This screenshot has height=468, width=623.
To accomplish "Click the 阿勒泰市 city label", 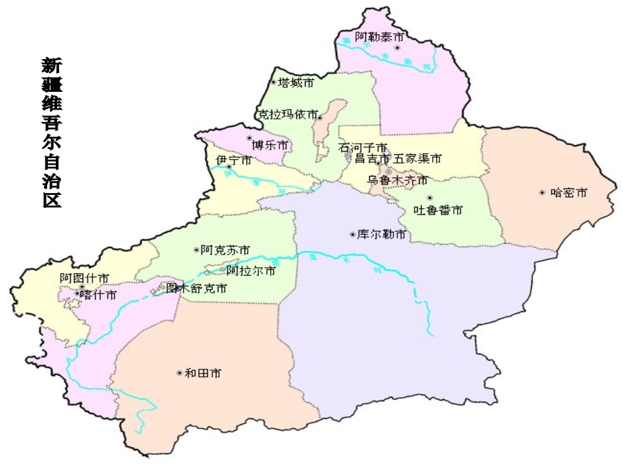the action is pos(380,37).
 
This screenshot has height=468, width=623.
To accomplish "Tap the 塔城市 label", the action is pos(296,83).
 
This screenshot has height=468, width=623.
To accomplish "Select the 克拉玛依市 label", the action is pos(288,114).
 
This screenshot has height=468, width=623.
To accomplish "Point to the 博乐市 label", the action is pos(270,145).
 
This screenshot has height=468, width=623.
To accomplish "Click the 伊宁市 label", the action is pos(233,160).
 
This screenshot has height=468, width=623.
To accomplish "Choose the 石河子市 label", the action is pos(363,148).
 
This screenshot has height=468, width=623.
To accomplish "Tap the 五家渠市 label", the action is pos(417,158).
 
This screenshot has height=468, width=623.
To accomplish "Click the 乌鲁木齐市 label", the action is pos(397,179).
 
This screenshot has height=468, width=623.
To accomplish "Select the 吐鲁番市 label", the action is pos(438,210).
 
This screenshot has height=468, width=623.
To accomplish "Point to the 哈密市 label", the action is pos(569,192).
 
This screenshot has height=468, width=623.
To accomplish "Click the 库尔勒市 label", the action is pos(382,234).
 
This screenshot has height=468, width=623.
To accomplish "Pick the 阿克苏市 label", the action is pos(225,249).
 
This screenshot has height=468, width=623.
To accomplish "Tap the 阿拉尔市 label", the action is pos(251,270).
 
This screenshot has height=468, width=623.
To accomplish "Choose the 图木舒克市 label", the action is pos(197,288).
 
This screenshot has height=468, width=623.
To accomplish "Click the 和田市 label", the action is pos(203,373).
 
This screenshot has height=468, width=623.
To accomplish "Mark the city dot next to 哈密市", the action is pos(542,192).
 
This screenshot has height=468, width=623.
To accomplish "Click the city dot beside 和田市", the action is pos(179,373).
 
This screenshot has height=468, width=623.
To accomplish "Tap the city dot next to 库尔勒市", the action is pos(352,234).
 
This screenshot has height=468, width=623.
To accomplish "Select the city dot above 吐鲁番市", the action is pos(430,198).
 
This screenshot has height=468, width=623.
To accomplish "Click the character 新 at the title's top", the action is pos(52,66).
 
